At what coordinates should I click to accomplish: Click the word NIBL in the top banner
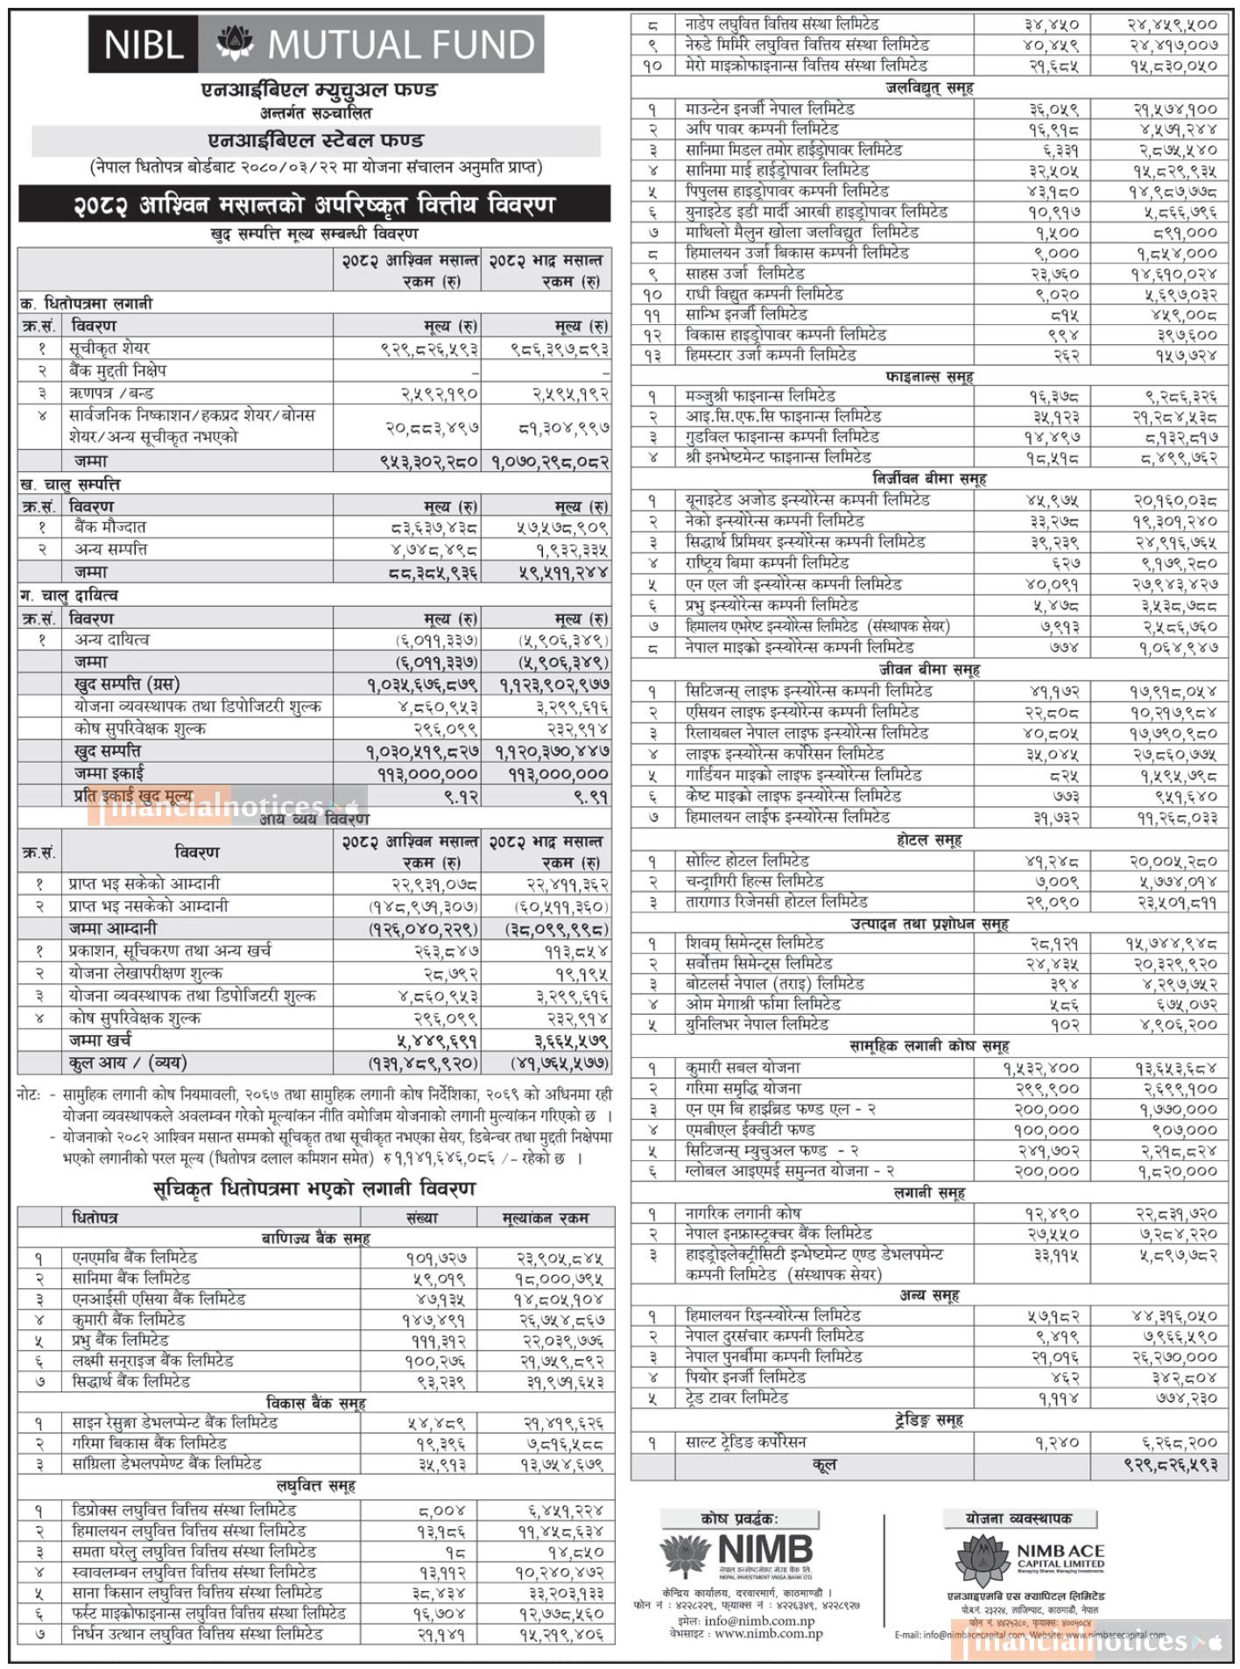[142, 44]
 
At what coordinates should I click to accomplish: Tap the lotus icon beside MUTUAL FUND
[234, 44]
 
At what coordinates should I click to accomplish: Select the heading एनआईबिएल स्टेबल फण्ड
[316, 140]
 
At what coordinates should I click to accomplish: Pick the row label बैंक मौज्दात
[110, 527]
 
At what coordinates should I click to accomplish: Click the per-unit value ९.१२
[462, 796]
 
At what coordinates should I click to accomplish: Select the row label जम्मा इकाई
[109, 773]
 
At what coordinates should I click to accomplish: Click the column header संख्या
[422, 1218]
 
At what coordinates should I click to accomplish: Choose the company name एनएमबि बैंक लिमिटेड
[135, 1257]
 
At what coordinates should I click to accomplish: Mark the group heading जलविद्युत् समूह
[929, 88]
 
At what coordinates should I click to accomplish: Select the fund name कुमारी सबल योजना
[743, 1067]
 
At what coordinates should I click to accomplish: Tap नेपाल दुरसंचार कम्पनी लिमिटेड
[775, 1336]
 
